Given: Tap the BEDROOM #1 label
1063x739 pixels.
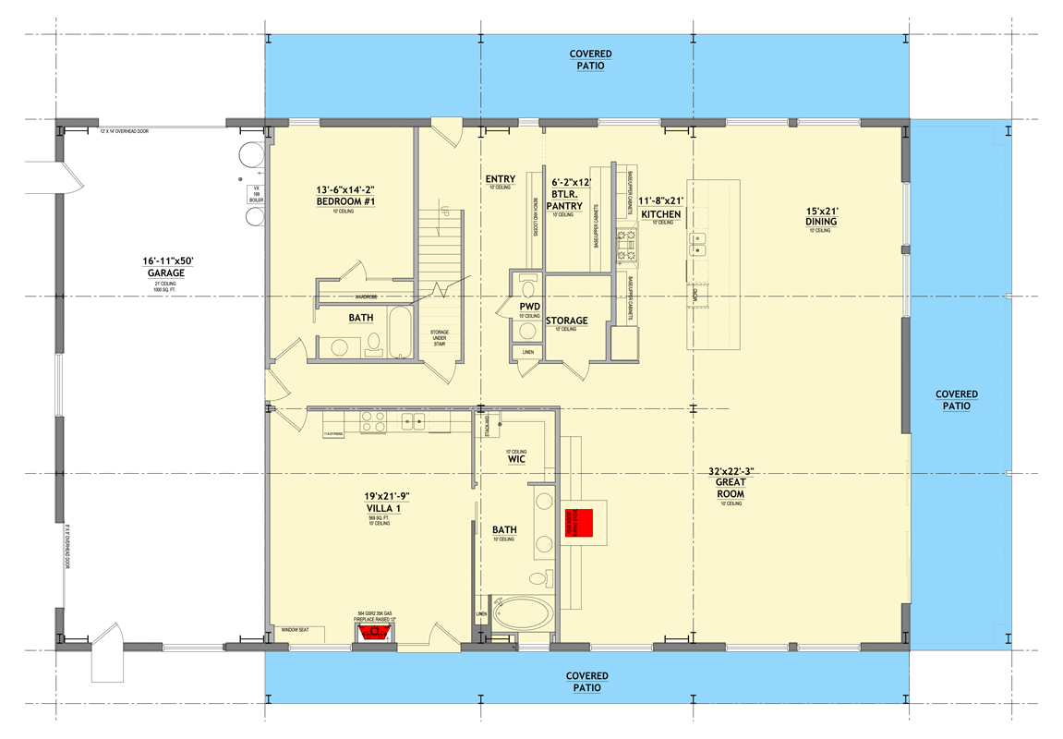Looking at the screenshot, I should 344,201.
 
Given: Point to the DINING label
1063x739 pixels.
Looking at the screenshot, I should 820,222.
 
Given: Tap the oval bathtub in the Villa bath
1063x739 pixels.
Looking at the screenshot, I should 520,614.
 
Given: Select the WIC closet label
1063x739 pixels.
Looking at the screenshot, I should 516,458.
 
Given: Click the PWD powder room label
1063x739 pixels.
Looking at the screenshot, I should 529,306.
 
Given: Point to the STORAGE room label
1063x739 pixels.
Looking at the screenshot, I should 566,321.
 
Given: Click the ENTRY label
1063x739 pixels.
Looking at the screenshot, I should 501,178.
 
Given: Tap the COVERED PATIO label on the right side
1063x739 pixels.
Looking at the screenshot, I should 956,400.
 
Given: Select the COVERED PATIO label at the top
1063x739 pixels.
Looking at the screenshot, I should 590,60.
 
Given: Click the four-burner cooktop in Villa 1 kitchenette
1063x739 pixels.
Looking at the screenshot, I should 372,422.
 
